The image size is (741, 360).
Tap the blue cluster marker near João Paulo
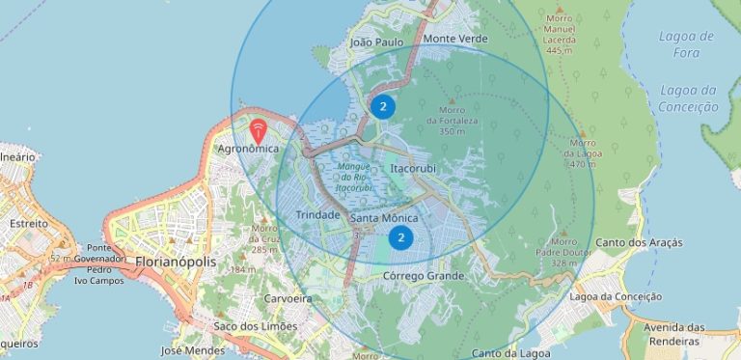383,106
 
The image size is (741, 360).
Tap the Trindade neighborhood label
317,214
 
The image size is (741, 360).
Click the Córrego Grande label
424,276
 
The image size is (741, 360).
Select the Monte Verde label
455,39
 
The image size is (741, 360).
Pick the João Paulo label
376,42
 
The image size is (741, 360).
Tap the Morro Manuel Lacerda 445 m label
560,33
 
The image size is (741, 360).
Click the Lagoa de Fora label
686,44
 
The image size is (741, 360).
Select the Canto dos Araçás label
639,242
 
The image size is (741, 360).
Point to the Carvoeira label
288,299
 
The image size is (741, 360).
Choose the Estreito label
29,223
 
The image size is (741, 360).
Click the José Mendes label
185,350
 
